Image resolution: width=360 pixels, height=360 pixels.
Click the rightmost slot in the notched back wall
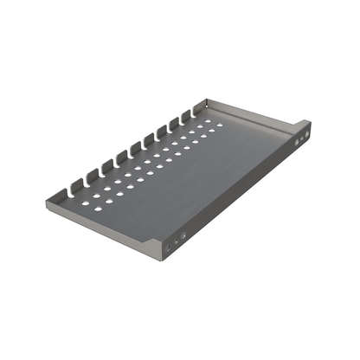pyautogui.click(x=184, y=115)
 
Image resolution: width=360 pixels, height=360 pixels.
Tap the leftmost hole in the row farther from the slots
pyautogui.click(x=98, y=208)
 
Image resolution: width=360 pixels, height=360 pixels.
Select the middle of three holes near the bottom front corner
pyautogui.click(x=174, y=242)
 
